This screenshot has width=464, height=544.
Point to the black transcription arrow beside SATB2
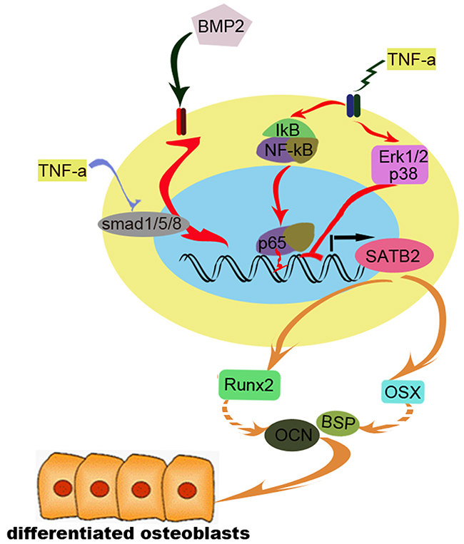pyautogui.click(x=350, y=236)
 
